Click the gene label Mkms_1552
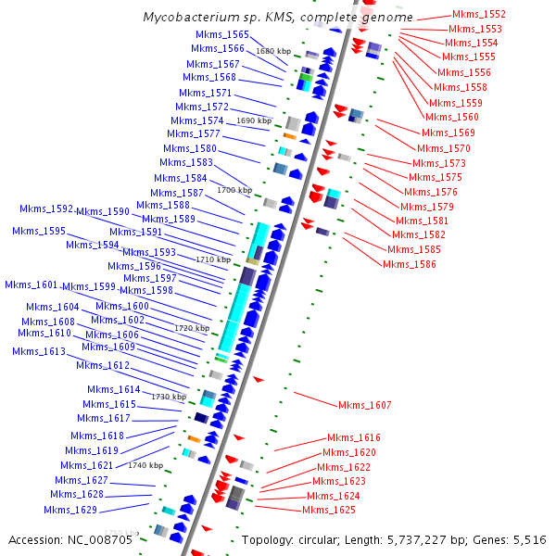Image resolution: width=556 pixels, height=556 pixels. tap(479, 15)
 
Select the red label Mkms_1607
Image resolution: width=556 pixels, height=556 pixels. tap(364, 405)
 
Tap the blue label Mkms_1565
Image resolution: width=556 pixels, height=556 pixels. tap(222, 34)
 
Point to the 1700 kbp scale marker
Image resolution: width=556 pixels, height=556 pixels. tap(234, 190)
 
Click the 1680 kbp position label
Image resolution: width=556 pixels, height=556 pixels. tap(273, 51)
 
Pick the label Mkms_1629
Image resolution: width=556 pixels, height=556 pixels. tap(70, 510)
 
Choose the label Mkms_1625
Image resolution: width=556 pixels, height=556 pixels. tap(329, 510)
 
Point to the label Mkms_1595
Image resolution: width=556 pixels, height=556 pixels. tap(39, 231)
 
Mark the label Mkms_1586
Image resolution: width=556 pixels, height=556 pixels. tap(410, 264)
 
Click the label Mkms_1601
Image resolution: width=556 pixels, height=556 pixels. tap(32, 285)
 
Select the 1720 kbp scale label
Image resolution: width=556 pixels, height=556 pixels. tap(192, 328)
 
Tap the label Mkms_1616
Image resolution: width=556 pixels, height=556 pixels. tap(354, 437)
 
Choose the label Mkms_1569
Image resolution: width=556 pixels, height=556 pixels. tap(449, 133)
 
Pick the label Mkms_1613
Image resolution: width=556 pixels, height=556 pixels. tap(39, 351)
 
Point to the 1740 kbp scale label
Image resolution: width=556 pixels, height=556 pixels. tap(145, 465)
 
